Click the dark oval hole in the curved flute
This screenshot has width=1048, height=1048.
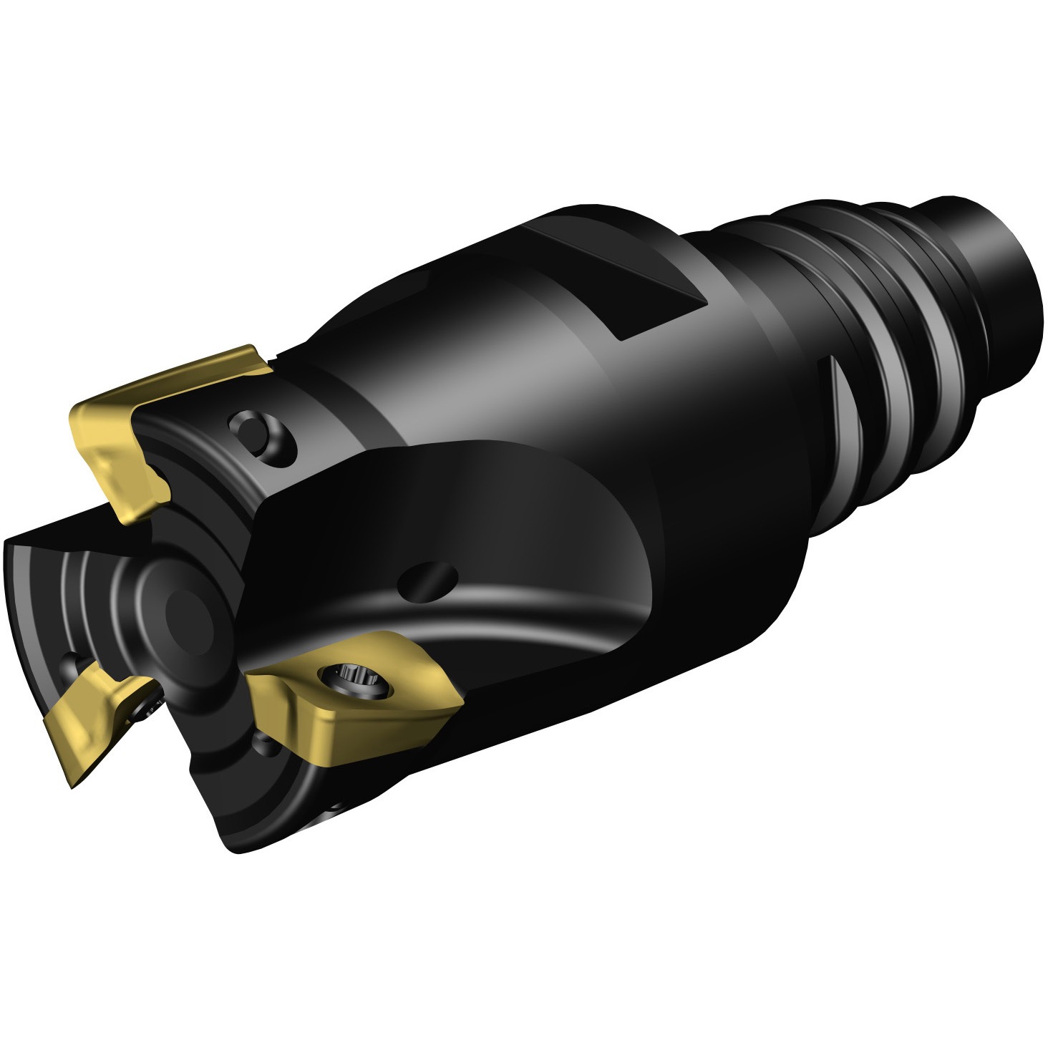coord(428,576)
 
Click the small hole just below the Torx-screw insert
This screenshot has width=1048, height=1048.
coord(268,744)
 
